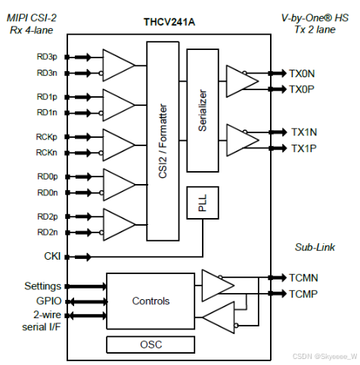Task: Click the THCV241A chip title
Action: pos(169,22)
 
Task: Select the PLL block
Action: pos(203,203)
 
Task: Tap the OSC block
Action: pos(151,345)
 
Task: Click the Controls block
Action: pos(151,301)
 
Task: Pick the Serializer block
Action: pos(203,111)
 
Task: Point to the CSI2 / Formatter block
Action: pos(163,141)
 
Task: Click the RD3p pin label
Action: pos(47,57)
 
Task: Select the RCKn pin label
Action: pos(46,152)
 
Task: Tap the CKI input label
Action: pos(52,256)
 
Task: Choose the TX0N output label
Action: pos(302,73)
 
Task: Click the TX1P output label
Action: pos(304,148)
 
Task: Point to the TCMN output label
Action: pos(303,278)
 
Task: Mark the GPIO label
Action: pos(49,301)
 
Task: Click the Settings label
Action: pos(42,286)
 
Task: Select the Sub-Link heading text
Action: pos(315,247)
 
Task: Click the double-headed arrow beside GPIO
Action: pos(88,301)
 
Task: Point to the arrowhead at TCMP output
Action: pos(282,293)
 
